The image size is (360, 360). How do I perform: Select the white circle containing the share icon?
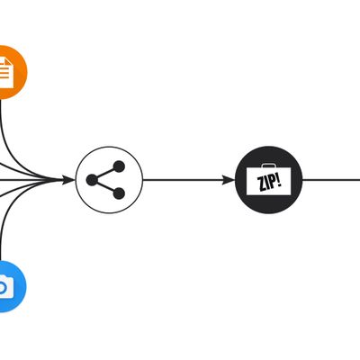click(x=109, y=180)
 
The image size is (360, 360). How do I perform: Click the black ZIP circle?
click(x=269, y=180)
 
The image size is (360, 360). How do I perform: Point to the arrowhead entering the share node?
click(x=68, y=180)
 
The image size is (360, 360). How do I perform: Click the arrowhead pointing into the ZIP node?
click(x=229, y=180)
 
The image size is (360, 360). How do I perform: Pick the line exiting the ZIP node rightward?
click(x=331, y=180)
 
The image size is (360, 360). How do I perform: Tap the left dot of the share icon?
click(x=92, y=180)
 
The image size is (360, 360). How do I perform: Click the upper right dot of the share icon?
click(x=119, y=166)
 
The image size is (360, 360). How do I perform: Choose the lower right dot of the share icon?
click(x=119, y=193)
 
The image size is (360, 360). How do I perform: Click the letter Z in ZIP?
click(x=262, y=184)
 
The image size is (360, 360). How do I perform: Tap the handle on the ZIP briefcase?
click(x=269, y=166)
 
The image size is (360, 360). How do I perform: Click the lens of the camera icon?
click(x=2, y=287)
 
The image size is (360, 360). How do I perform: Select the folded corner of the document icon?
click(x=9, y=62)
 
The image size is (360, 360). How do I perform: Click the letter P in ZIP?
click(x=273, y=182)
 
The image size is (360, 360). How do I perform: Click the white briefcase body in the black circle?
click(x=269, y=181)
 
